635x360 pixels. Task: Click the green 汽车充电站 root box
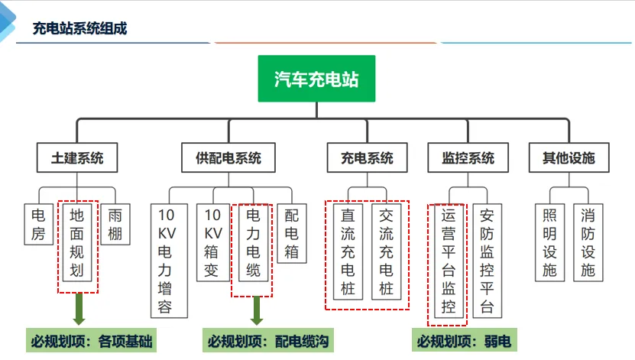[x=316, y=78]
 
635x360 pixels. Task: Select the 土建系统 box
[x=71, y=158]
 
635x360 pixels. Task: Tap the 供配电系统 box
[x=228, y=158]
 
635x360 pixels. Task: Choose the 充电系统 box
[x=367, y=158]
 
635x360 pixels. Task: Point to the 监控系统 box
[x=468, y=158]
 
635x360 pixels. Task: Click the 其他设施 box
[x=569, y=158]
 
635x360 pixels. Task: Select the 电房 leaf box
[x=38, y=224]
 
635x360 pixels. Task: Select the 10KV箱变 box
[x=213, y=241]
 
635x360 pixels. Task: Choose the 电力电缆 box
[x=253, y=241]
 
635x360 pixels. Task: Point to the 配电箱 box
[x=292, y=232]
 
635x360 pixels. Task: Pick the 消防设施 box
[x=587, y=241]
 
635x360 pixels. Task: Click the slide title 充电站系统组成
[x=79, y=29]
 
